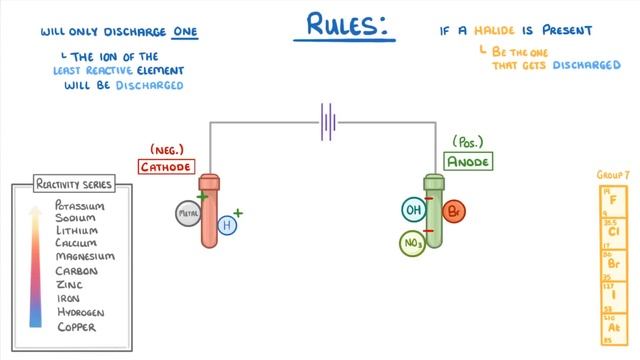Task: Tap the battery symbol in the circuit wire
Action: pyautogui.click(x=326, y=122)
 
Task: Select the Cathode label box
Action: pyautogui.click(x=166, y=166)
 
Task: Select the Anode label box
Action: pyautogui.click(x=469, y=160)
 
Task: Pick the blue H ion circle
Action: pyautogui.click(x=227, y=226)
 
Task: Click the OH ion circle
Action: pyautogui.click(x=413, y=210)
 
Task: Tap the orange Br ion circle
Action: pyautogui.click(x=454, y=213)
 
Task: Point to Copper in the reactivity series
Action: pyautogui.click(x=77, y=326)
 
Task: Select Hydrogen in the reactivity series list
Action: pyautogui.click(x=81, y=312)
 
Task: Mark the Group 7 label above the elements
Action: pyautogui.click(x=613, y=173)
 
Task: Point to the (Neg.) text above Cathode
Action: pyautogui.click(x=166, y=148)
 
